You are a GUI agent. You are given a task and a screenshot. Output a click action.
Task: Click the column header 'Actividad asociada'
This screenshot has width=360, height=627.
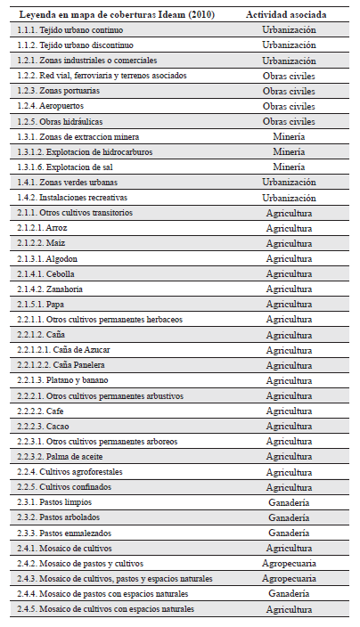tap(289, 15)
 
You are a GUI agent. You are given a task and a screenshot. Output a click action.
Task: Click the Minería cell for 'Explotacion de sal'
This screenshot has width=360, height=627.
tap(289, 167)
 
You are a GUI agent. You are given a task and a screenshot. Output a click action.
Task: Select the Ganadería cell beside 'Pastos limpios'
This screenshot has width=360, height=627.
tap(289, 502)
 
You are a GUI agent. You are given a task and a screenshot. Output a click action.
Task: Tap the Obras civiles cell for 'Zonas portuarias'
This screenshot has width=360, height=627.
tap(289, 91)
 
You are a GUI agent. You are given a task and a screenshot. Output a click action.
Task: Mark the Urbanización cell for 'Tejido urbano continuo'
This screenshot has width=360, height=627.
tap(289, 30)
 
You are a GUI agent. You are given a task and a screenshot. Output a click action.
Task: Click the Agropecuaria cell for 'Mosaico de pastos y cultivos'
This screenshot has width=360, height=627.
tap(289, 563)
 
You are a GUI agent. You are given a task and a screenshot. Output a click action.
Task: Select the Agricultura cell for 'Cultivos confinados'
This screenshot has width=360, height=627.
tap(289, 487)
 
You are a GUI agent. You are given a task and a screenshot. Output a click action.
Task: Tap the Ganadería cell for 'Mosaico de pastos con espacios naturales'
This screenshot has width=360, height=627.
tap(289, 593)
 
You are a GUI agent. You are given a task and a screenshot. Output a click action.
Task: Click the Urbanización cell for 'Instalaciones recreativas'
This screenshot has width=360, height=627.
tap(289, 197)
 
